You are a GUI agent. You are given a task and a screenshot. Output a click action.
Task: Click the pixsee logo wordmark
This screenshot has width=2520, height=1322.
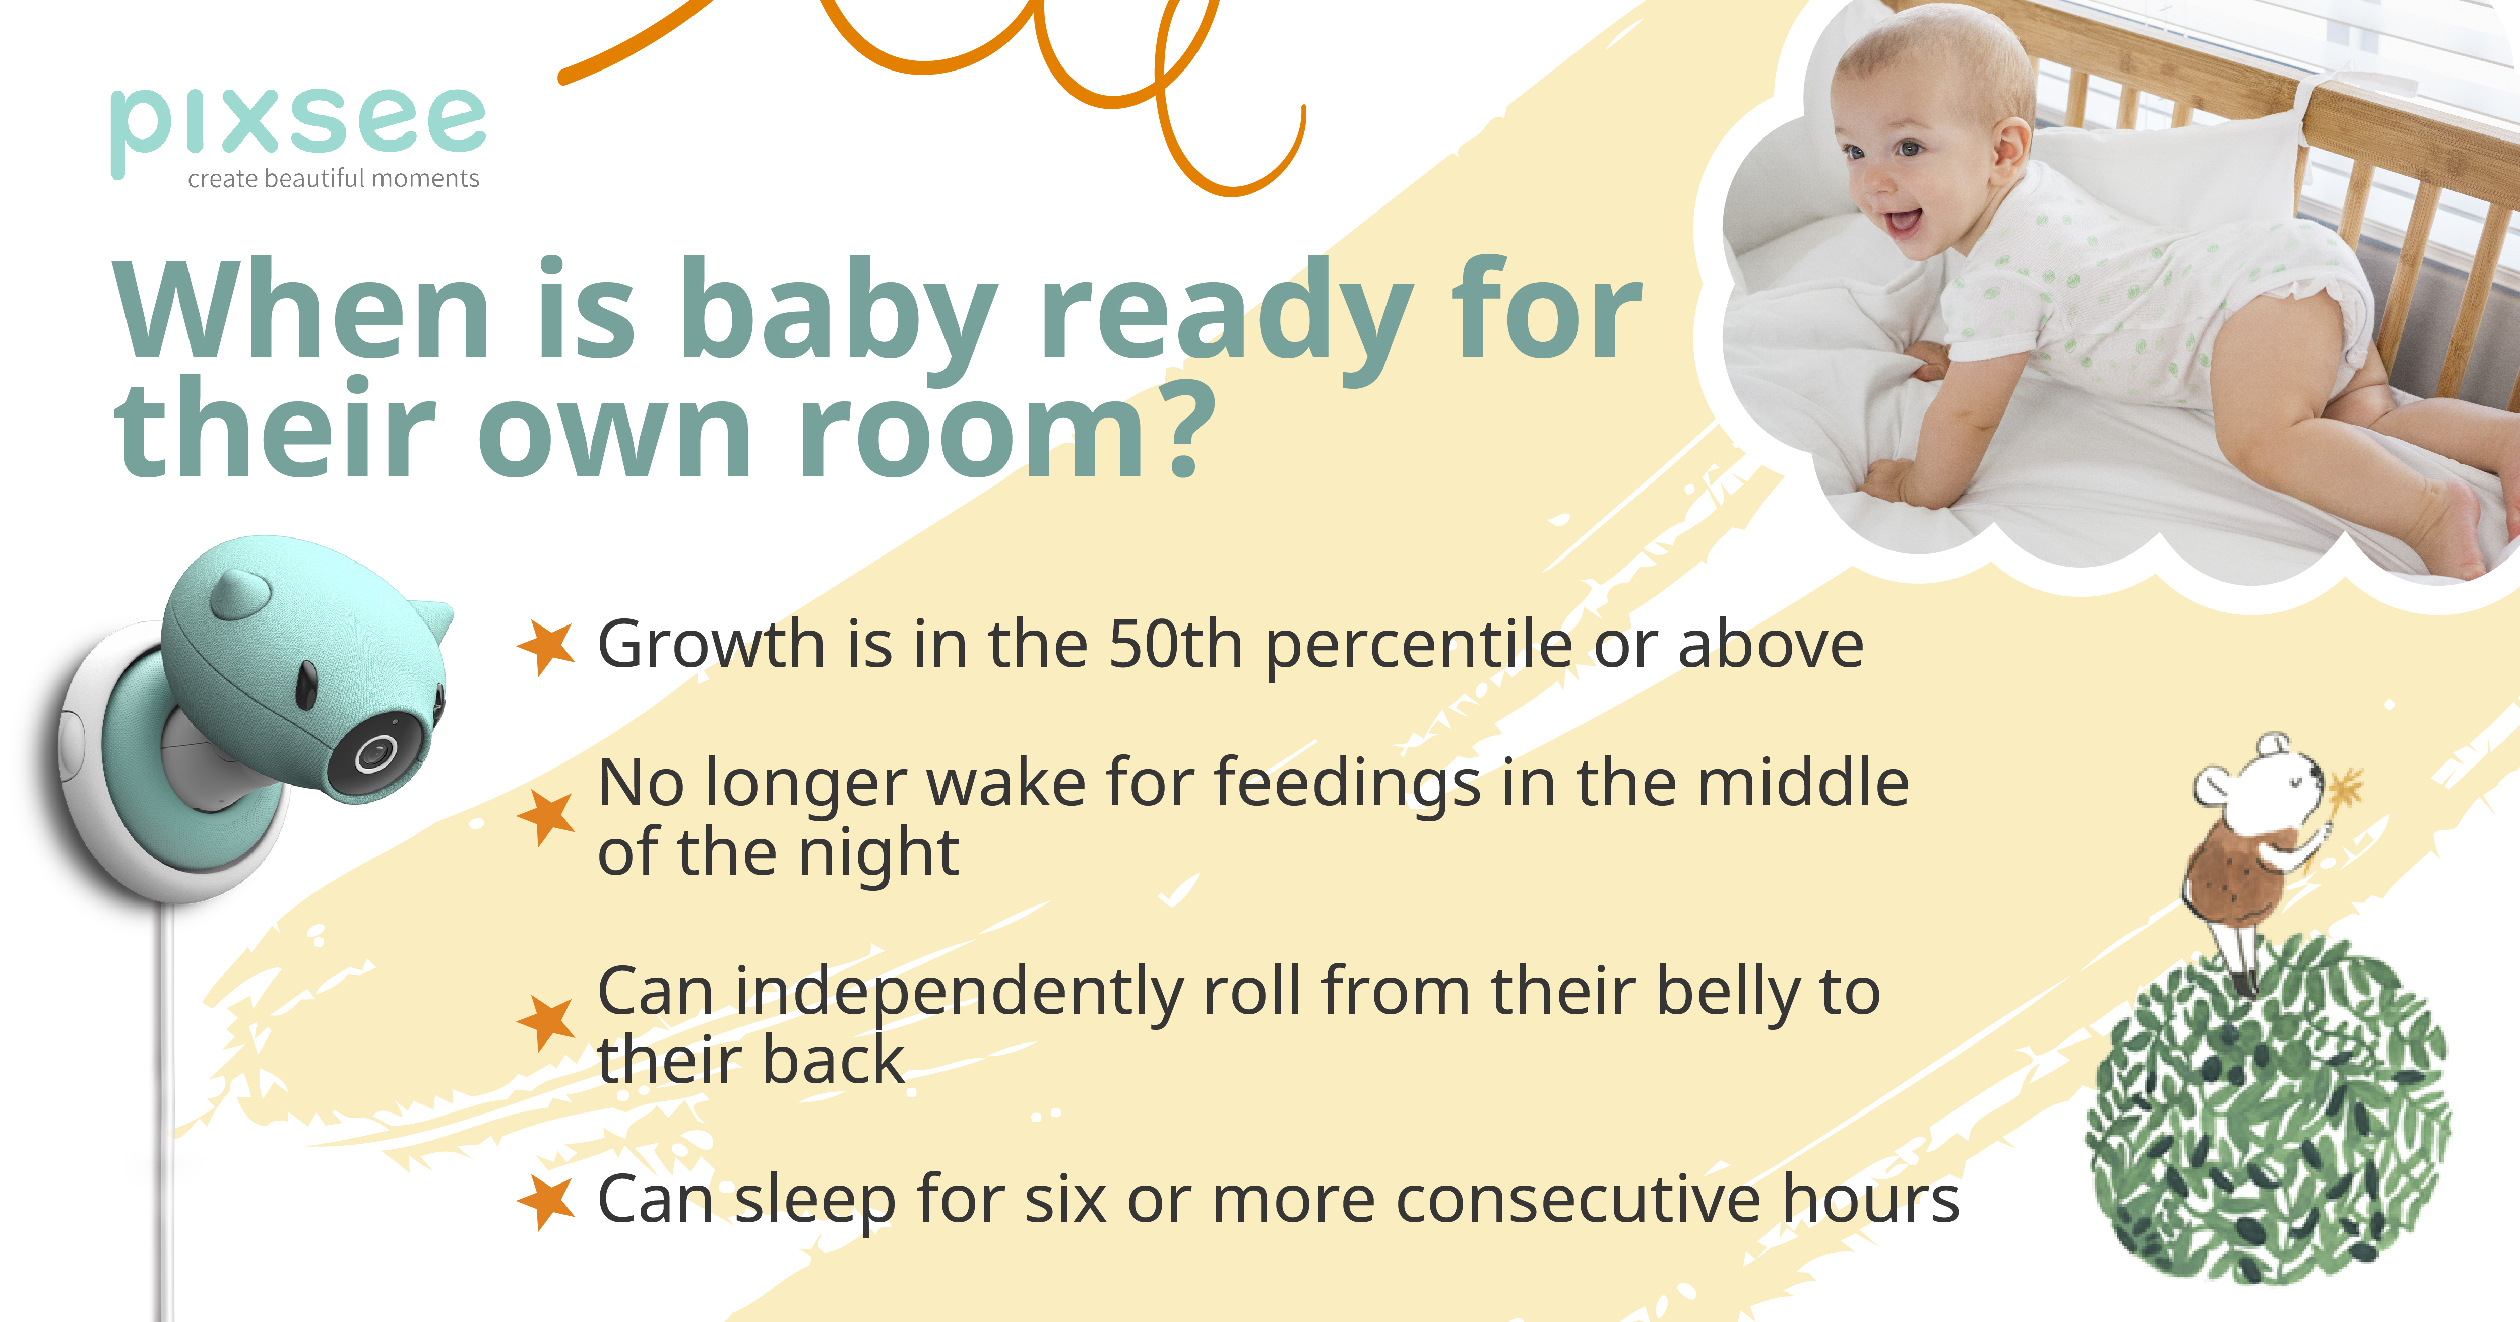coord(298,122)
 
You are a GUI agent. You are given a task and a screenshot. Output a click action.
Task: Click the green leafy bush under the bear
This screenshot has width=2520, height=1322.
coord(2270,1115)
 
